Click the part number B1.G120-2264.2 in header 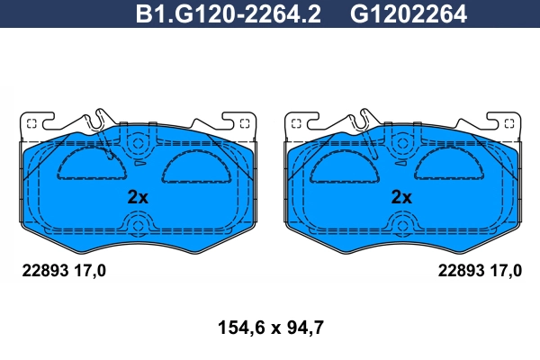(229, 14)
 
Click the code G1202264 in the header (409, 14)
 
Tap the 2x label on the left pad (138, 197)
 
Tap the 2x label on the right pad (401, 197)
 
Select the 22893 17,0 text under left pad (64, 271)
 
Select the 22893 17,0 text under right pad (480, 271)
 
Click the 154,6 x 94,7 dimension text (271, 328)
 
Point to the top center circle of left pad (138, 143)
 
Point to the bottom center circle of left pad (138, 226)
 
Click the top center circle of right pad (401, 143)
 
